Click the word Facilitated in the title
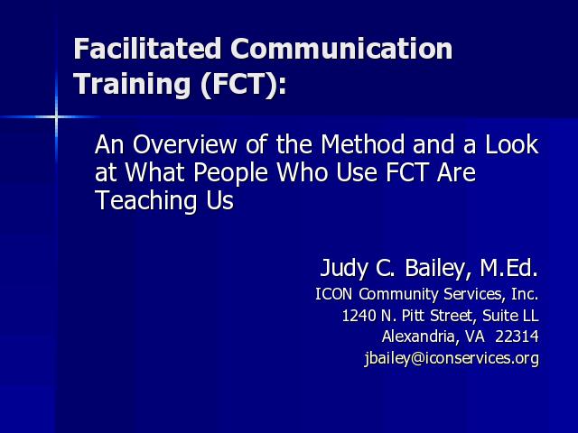tap(147, 48)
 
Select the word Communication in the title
tap(341, 48)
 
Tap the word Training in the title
tap(132, 85)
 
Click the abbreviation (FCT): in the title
tap(243, 84)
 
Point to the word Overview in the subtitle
tap(184, 144)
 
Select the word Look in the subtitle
tap(512, 144)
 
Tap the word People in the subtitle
tap(230, 173)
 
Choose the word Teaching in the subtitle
tap(144, 201)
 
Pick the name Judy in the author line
tap(344, 269)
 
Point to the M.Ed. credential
tap(509, 268)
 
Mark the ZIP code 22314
tap(517, 336)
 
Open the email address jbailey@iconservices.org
tap(452, 358)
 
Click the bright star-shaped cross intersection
tap(56, 117)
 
